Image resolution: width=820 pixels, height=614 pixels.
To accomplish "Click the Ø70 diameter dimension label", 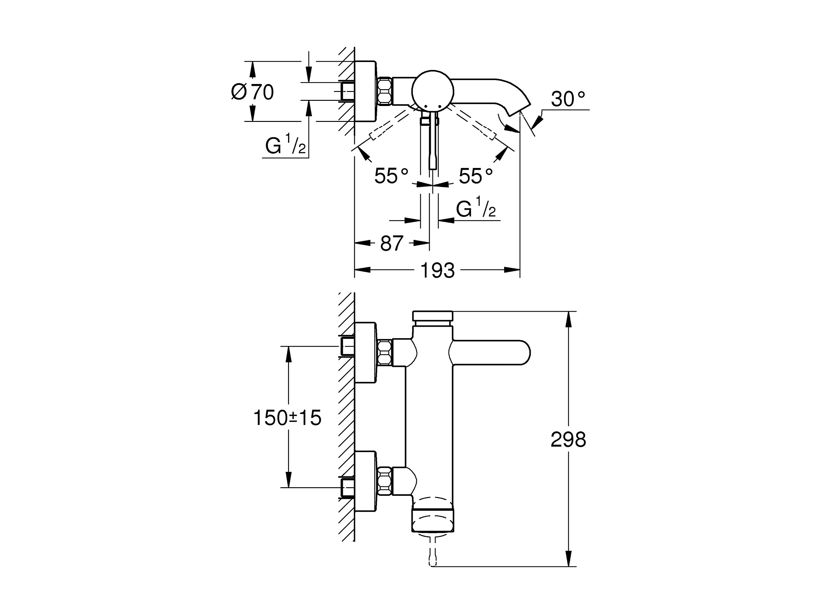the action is coord(252,92).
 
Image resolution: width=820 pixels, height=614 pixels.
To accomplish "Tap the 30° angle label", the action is coord(568,99).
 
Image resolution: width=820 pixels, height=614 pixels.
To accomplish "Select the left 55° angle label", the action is coord(391,176).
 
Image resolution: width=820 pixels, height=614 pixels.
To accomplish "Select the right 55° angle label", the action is coord(476,176).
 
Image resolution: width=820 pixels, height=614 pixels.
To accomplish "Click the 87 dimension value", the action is coord(392,243).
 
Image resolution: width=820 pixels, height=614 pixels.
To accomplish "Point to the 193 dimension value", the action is coord(437,270).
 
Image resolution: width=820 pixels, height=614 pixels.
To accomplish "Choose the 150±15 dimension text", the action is coord(287,418).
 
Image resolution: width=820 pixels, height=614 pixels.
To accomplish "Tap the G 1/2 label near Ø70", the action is coord(285,144).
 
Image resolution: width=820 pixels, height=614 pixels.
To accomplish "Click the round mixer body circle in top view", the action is coord(432,90).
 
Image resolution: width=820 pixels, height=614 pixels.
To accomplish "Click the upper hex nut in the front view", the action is coord(385,353).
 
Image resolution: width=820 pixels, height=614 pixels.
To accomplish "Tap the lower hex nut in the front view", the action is coord(385,481).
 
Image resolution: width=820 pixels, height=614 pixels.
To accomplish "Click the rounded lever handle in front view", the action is coord(490,352).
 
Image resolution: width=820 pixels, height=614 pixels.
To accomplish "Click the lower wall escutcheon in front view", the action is coord(366,481).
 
